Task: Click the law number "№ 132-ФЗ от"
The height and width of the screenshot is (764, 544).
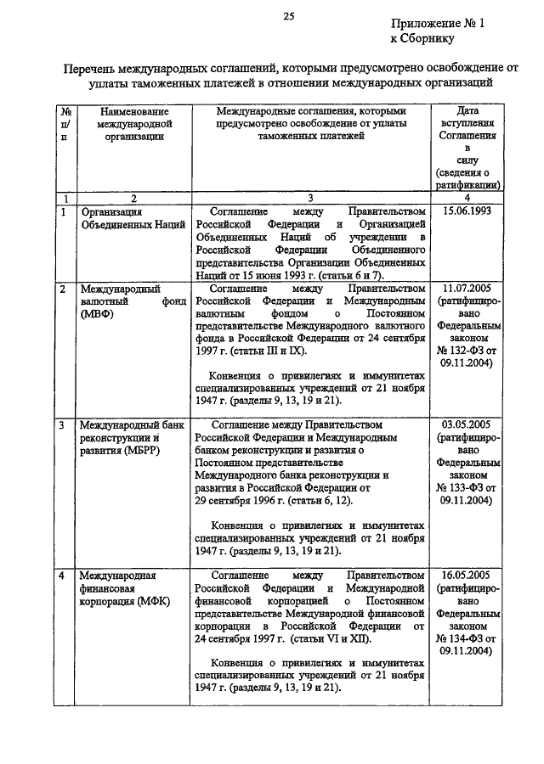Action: [x=467, y=351]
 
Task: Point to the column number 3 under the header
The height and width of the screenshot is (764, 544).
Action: [x=310, y=197]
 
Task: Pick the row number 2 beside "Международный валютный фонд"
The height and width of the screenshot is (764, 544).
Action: [x=65, y=289]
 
